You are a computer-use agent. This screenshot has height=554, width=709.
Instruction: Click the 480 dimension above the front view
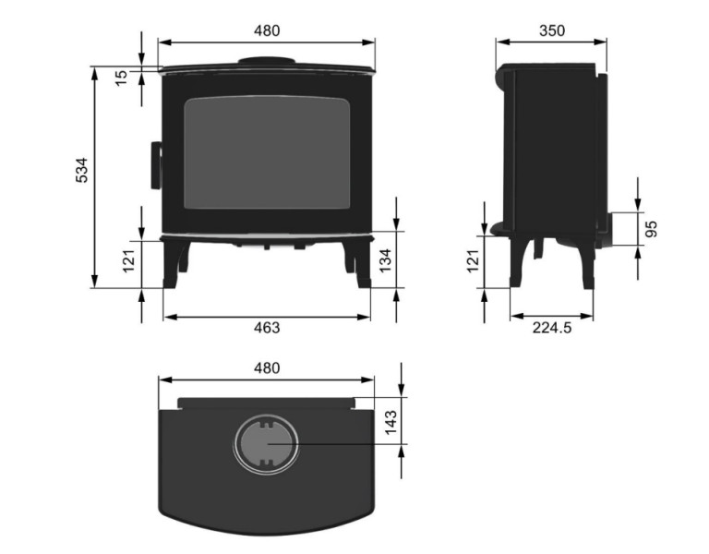tap(266, 30)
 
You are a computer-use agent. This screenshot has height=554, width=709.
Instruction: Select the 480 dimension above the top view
tap(266, 367)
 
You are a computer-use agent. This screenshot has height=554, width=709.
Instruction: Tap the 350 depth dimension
tap(551, 30)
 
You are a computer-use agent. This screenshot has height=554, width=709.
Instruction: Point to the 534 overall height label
tap(82, 171)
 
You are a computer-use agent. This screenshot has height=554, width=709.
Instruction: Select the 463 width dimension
tap(266, 328)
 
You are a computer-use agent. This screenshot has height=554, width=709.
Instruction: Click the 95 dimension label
tap(652, 229)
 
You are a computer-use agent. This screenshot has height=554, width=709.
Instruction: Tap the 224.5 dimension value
tap(552, 328)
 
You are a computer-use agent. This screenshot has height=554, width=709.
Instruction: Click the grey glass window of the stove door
tap(267, 152)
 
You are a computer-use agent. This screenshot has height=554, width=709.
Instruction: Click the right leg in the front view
tap(358, 263)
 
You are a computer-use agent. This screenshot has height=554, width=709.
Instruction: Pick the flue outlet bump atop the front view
tap(267, 63)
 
